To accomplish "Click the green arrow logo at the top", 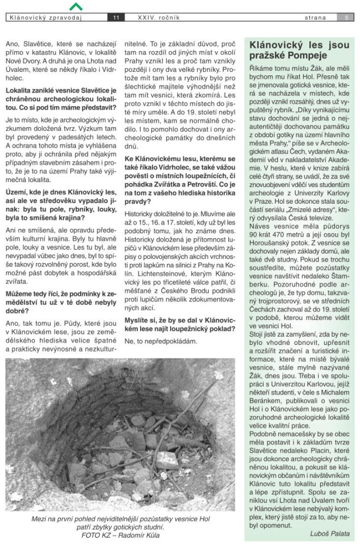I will [x=77, y=6].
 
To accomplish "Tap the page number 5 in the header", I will [x=346, y=17].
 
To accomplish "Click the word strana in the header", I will [x=316, y=17].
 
